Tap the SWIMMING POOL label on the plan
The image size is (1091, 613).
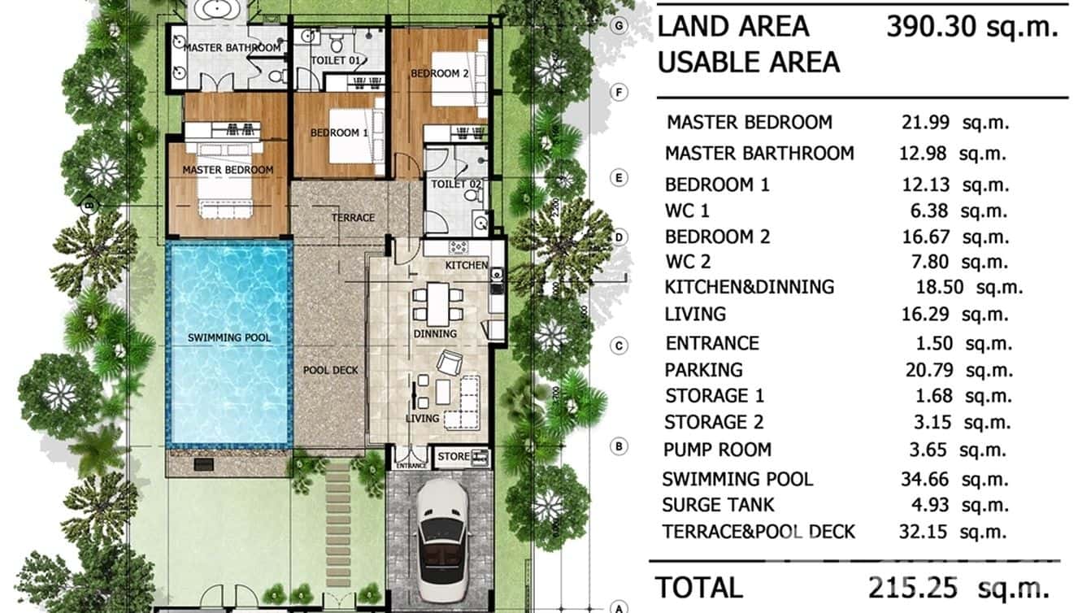pos(229,337)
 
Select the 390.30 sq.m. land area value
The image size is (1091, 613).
pos(972,27)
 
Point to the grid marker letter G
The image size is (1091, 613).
pos(620,26)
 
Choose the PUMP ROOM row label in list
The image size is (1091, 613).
pos(717,450)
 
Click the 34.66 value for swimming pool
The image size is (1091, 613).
pos(926,479)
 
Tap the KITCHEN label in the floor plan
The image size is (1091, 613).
pos(467,265)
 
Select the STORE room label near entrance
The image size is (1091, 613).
pos(454,456)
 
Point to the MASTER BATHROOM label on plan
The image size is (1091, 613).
pos(232,48)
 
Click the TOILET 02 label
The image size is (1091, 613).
pos(456,185)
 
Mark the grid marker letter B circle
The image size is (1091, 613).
pos(619,446)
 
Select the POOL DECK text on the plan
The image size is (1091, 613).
pos(330,370)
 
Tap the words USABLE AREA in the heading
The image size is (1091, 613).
pos(748,63)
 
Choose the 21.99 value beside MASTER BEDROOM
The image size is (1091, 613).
pos(925,122)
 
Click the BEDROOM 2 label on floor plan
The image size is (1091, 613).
pos(440,73)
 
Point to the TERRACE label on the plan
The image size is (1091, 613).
pos(353,218)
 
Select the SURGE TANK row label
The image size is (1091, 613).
pos(718,505)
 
